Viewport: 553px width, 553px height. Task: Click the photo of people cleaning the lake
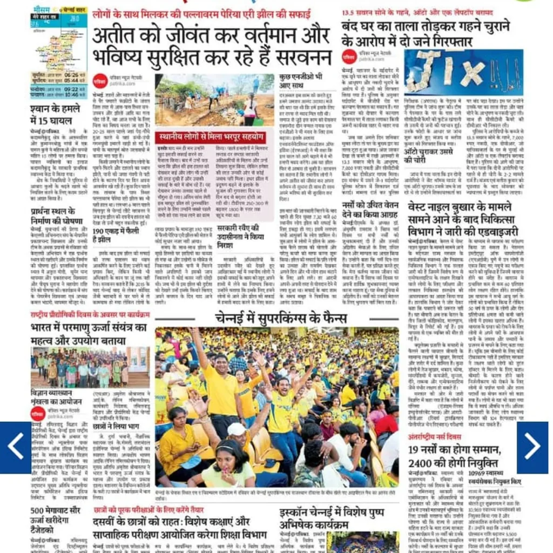214,100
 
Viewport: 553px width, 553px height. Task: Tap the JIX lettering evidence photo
463,72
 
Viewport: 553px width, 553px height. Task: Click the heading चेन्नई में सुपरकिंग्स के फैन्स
276,317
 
